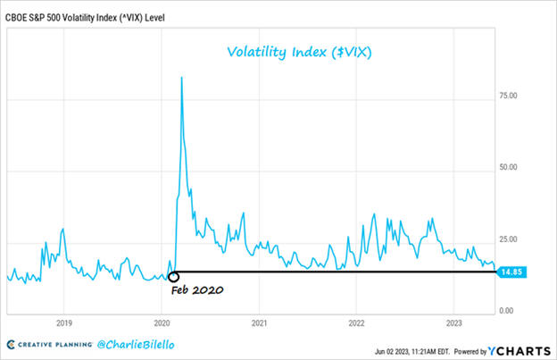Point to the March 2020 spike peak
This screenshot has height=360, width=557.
pos(182,78)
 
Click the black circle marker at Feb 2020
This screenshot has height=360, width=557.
pos(173,277)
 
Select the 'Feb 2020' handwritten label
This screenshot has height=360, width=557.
pos(196,292)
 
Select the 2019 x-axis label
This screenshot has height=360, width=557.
pos(63,322)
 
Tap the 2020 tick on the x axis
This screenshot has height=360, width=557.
pos(162,322)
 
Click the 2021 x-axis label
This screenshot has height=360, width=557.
pos(258,322)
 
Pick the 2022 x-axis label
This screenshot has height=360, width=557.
pos(356,322)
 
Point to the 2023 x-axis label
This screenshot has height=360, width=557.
pos(453,322)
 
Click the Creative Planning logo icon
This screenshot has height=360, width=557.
pos(12,344)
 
